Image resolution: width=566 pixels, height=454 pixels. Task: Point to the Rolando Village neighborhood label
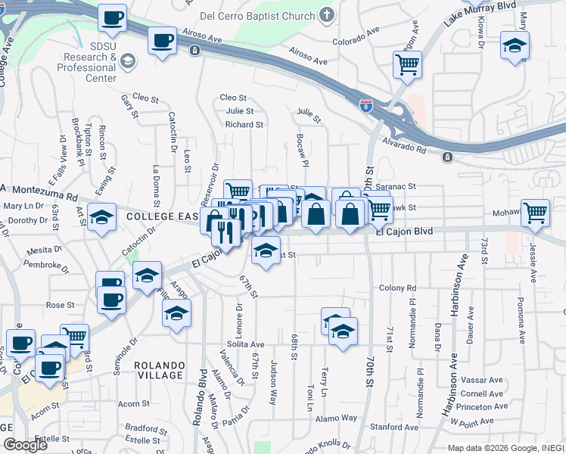coord(159,370)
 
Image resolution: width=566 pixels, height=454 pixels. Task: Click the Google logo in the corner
coord(25,445)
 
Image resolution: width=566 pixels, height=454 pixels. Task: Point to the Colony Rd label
coord(398,288)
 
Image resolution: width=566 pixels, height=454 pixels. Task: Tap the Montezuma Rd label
coord(45,195)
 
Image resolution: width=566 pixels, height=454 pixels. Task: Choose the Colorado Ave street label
coord(355,37)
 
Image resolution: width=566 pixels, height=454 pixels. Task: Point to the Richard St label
coord(244,124)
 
